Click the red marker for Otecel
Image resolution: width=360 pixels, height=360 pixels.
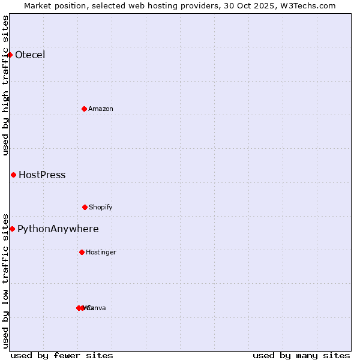10,55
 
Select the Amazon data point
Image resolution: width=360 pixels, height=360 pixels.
84,109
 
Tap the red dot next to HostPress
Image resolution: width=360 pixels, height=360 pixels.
13,175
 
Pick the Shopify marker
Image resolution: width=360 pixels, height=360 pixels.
85,207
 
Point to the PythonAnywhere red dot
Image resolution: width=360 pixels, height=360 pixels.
12,229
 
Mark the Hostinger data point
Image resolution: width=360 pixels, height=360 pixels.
82,252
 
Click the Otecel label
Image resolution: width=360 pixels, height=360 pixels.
30,55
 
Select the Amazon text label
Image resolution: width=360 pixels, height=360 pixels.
101,109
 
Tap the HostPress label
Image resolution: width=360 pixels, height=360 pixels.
42,175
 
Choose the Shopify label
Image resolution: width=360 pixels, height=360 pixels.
101,207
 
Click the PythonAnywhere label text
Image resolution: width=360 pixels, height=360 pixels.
58,229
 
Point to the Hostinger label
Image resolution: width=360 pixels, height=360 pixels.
101,252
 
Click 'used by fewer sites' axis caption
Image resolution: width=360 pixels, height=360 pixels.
62,355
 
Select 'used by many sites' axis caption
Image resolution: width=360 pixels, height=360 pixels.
301,355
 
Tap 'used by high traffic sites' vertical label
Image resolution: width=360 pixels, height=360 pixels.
5,85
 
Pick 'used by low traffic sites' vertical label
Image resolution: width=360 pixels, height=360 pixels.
5,281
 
